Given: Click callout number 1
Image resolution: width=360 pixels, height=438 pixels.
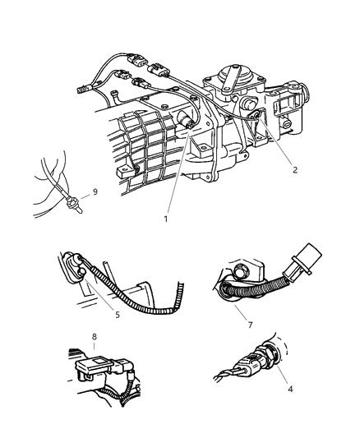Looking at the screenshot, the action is pos(166,219).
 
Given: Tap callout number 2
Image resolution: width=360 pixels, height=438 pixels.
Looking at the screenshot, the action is pos(295,169).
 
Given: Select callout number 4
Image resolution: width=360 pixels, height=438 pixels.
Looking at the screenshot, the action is pos(290,389).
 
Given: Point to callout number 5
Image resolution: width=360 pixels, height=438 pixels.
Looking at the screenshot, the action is pos(118,315).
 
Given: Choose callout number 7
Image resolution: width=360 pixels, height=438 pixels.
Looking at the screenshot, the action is pos(250,325).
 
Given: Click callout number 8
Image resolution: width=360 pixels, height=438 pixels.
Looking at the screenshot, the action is pos(95,337).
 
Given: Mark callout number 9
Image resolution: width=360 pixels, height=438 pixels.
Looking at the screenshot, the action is pos(95,192).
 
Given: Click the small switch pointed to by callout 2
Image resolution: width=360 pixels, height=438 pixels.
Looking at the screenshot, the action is pos(256,114).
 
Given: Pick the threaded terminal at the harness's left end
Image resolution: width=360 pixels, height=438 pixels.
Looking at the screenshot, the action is pos(83,90).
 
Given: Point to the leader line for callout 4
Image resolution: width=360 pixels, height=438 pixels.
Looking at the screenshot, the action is pos(282,373).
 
